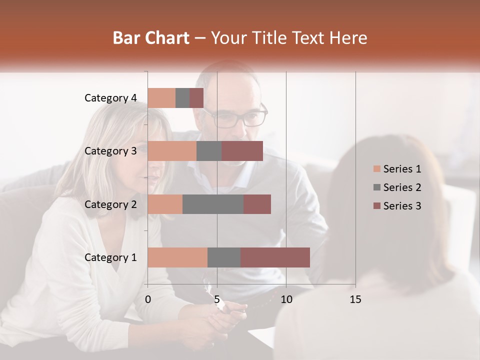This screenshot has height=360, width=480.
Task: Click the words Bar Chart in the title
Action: click(x=151, y=38)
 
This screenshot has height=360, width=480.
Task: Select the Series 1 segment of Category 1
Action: click(x=177, y=257)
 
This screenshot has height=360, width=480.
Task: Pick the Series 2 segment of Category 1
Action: click(x=224, y=257)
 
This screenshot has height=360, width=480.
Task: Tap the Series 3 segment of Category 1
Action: click(x=275, y=257)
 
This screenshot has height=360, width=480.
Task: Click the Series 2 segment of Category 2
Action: click(x=213, y=204)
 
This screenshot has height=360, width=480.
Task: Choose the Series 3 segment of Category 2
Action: click(x=257, y=204)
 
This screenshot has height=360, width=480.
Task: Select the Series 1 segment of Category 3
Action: click(x=172, y=151)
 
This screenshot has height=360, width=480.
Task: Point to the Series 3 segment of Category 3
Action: click(x=242, y=151)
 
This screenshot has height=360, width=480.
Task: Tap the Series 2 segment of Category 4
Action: click(x=182, y=98)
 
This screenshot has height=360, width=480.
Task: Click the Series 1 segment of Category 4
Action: click(x=161, y=98)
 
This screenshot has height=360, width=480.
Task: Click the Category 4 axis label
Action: click(x=110, y=98)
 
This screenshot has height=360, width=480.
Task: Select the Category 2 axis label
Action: click(x=110, y=204)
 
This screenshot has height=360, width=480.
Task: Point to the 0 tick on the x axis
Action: click(x=148, y=299)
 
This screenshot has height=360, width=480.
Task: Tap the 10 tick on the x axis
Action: click(x=286, y=299)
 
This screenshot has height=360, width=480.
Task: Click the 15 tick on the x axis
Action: click(x=355, y=299)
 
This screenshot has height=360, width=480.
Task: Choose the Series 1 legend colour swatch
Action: click(x=376, y=169)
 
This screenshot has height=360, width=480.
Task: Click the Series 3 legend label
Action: click(x=402, y=206)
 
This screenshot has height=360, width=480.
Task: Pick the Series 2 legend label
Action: click(x=402, y=187)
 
